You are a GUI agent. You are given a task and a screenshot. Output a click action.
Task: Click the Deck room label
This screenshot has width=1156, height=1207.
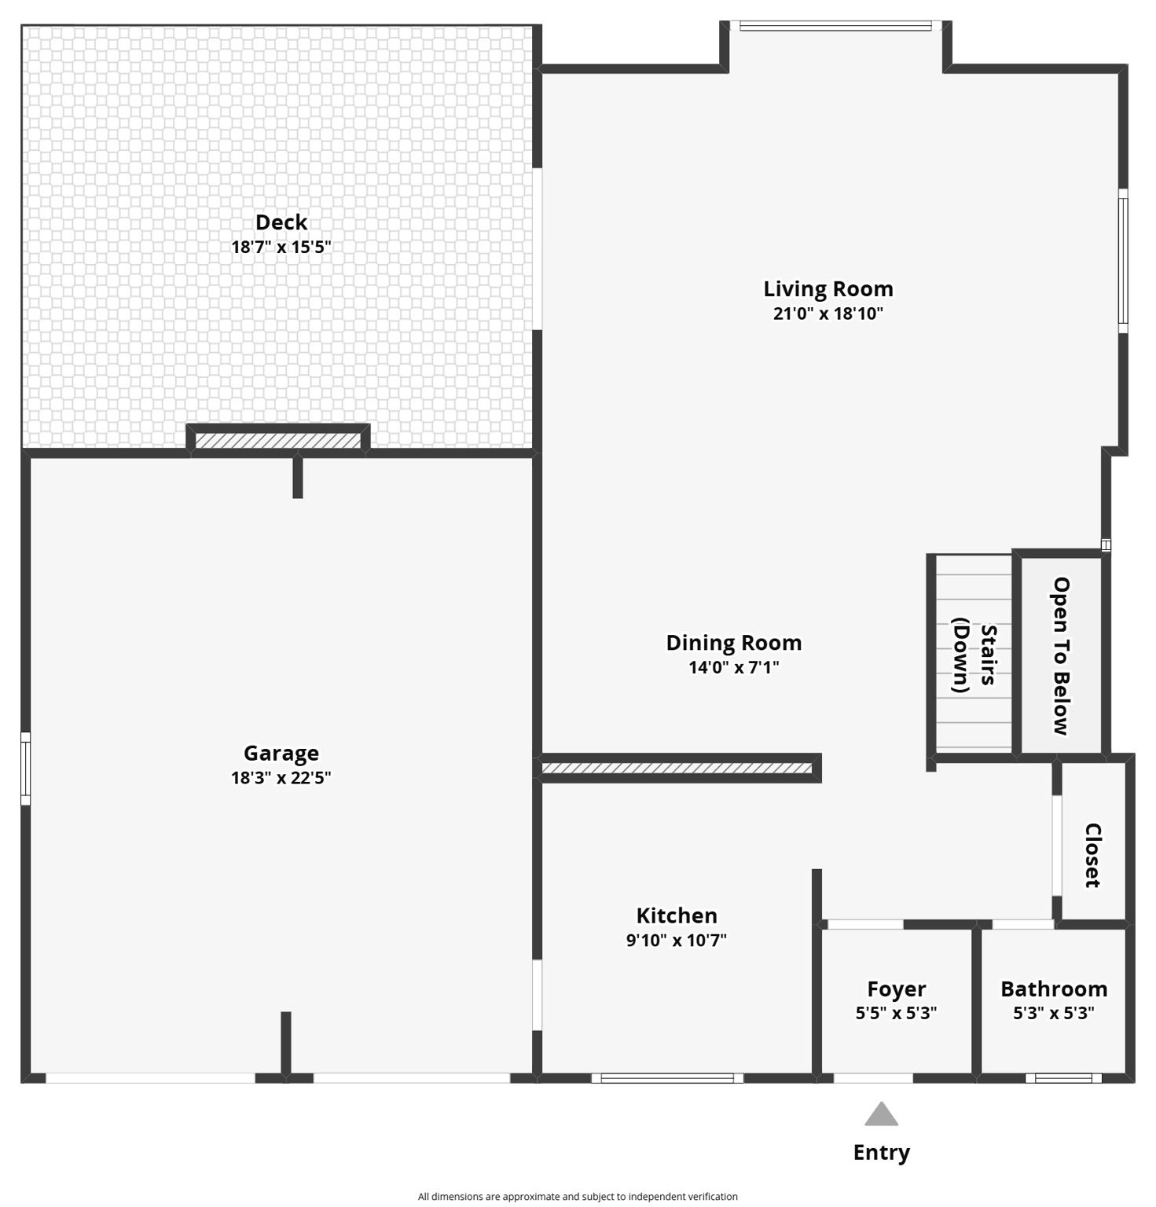[x=281, y=222]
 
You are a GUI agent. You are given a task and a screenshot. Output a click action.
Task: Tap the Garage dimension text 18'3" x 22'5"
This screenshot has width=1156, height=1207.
[x=281, y=778]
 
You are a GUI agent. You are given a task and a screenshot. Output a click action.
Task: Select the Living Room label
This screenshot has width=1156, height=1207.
[x=828, y=289]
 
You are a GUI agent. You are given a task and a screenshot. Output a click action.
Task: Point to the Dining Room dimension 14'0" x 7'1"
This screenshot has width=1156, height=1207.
[x=734, y=668]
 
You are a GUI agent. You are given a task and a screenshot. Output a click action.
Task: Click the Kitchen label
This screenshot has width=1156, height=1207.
[x=677, y=916]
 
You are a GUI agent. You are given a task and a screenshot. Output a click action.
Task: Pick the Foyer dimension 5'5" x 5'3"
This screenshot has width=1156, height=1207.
[x=897, y=1013]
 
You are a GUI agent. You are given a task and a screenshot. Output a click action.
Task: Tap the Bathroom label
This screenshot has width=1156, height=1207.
[x=1054, y=989]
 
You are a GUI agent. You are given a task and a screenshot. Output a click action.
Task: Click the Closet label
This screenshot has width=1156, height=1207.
[x=1092, y=856]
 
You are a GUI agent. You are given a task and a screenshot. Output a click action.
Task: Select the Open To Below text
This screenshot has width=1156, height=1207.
[x=1062, y=656]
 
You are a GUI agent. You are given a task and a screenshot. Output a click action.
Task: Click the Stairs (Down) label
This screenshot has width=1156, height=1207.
[x=974, y=655]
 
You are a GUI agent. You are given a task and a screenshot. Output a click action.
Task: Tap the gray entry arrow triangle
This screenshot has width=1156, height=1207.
[x=882, y=1114]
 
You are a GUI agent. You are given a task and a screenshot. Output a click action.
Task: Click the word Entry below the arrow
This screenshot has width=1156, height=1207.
[x=882, y=1153]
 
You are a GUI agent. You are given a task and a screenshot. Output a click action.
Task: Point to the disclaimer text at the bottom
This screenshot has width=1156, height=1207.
[x=578, y=1197]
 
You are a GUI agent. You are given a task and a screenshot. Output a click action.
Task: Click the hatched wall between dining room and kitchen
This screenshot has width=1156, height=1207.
[x=677, y=768]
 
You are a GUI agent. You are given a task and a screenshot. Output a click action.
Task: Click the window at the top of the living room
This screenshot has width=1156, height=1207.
[x=835, y=26]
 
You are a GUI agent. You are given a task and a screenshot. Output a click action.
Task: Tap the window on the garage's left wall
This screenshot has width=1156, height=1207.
[x=25, y=769]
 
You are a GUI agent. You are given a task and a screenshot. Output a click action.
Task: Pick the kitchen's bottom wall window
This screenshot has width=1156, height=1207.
[x=667, y=1078]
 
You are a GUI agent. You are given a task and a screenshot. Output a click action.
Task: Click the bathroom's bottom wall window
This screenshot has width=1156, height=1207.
[x=1063, y=1078]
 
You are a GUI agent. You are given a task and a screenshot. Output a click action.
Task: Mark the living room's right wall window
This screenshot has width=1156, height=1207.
[x=1123, y=261]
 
